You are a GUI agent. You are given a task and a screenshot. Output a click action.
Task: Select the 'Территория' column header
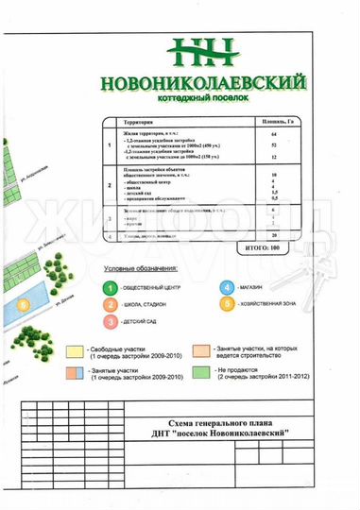pos(141,123)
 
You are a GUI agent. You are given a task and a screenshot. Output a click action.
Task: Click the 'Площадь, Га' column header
pos(274,123)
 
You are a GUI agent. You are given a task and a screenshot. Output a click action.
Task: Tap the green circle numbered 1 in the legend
pos(111,287)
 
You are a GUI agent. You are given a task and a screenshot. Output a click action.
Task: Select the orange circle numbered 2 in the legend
pos(111,304)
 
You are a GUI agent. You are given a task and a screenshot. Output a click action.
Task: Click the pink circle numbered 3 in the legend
pos(111,322)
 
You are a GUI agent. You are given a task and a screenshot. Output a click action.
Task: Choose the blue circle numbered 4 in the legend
pos(227,287)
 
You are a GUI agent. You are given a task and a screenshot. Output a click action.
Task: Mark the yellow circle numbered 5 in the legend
pos(227,304)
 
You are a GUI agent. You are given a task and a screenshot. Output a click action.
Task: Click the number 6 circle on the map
pos(23,305)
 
